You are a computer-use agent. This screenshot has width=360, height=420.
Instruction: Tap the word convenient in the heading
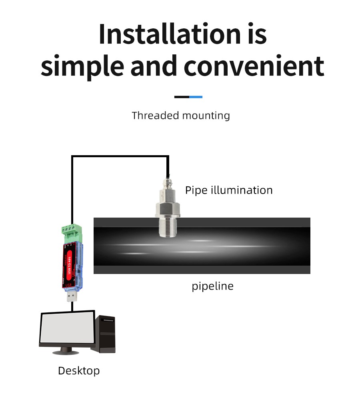[254, 66]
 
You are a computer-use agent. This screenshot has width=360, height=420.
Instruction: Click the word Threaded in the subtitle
[155, 116]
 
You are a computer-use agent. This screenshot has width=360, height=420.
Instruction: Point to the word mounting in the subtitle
[206, 116]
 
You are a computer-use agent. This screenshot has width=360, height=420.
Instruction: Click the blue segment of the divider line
[196, 97]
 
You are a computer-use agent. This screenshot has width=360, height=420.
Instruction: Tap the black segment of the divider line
[182, 97]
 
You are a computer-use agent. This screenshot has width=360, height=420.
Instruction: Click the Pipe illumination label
[229, 190]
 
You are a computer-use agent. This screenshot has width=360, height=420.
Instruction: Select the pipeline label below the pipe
[212, 286]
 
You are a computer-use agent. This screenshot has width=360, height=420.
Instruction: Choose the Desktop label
[79, 371]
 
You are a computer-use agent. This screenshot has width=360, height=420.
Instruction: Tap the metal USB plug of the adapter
[72, 296]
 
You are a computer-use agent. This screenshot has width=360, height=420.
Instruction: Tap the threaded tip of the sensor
[168, 228]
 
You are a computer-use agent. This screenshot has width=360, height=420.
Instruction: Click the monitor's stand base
[66, 352]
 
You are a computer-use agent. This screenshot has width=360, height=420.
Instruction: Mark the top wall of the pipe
[240, 222]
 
